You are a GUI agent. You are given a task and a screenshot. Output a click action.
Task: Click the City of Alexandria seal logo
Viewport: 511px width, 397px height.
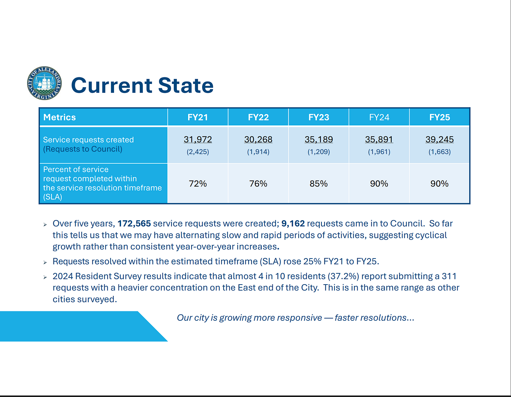[44, 83]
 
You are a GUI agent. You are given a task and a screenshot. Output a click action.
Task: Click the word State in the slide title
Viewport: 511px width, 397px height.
[186, 85]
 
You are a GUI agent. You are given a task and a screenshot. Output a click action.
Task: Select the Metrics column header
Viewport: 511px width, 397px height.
[60, 117]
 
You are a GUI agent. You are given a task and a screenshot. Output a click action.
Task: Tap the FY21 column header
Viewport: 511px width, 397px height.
[198, 117]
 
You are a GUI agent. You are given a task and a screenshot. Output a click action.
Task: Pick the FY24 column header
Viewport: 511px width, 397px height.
[379, 117]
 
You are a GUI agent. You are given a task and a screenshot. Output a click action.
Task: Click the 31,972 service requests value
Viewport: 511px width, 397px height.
[198, 139]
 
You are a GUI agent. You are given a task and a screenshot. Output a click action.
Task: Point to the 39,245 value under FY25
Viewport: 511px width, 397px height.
[439, 139]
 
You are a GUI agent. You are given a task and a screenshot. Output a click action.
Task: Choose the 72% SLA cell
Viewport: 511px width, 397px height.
[198, 184]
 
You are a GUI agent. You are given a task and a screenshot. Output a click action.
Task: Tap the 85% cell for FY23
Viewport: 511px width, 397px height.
[319, 184]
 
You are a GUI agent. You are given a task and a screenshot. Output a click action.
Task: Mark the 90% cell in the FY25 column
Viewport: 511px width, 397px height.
[439, 184]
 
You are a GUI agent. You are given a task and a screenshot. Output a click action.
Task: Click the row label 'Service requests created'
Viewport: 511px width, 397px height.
[88, 140]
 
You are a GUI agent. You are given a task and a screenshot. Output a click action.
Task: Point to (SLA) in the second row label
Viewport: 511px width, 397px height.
[53, 197]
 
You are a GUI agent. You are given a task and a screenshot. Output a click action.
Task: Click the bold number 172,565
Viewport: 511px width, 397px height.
[134, 224]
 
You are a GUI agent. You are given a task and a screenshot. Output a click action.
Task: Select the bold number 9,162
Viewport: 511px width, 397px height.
[293, 224]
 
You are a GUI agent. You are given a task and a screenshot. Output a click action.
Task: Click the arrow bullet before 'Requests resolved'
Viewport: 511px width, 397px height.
[45, 262]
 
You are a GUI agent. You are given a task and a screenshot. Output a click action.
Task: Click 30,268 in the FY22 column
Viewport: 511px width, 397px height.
[258, 139]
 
